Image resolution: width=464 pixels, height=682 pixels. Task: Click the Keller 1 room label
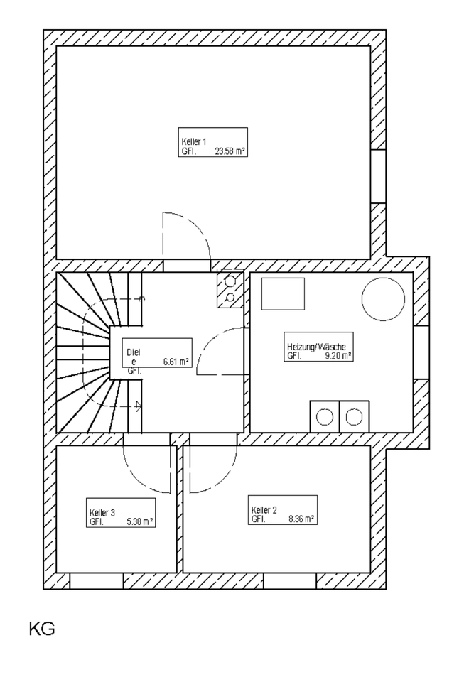pyautogui.click(x=194, y=142)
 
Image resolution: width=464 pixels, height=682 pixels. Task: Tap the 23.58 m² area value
pyautogui.click(x=230, y=151)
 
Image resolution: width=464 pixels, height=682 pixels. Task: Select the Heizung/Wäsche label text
pyautogui.click(x=315, y=347)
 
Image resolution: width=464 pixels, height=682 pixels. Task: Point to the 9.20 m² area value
pyautogui.click(x=338, y=356)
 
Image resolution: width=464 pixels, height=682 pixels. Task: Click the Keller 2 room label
pyautogui.click(x=264, y=510)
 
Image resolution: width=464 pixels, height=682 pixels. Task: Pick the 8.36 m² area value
pyautogui.click(x=301, y=519)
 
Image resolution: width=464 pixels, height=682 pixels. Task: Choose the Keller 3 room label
pyautogui.click(x=102, y=512)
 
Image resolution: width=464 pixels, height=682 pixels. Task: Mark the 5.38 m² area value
pyautogui.click(x=139, y=521)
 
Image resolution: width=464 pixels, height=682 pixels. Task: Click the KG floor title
pyautogui.click(x=42, y=629)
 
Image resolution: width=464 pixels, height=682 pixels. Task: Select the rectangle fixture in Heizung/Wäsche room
pyautogui.click(x=283, y=293)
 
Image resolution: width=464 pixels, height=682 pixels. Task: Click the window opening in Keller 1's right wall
pyautogui.click(x=378, y=176)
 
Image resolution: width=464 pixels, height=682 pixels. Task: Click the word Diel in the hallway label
pyautogui.click(x=133, y=352)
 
